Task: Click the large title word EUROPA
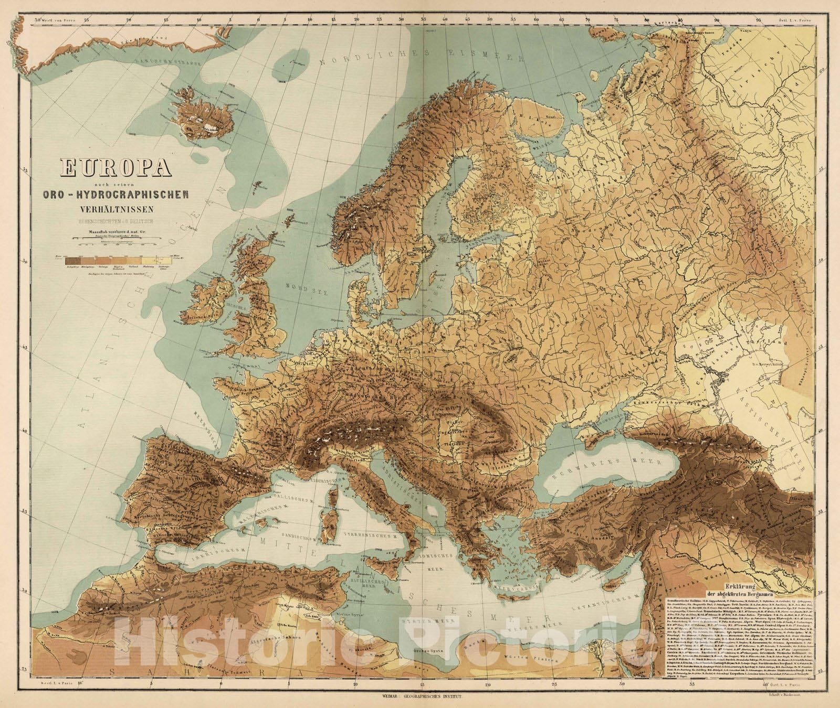tap(117, 168)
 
